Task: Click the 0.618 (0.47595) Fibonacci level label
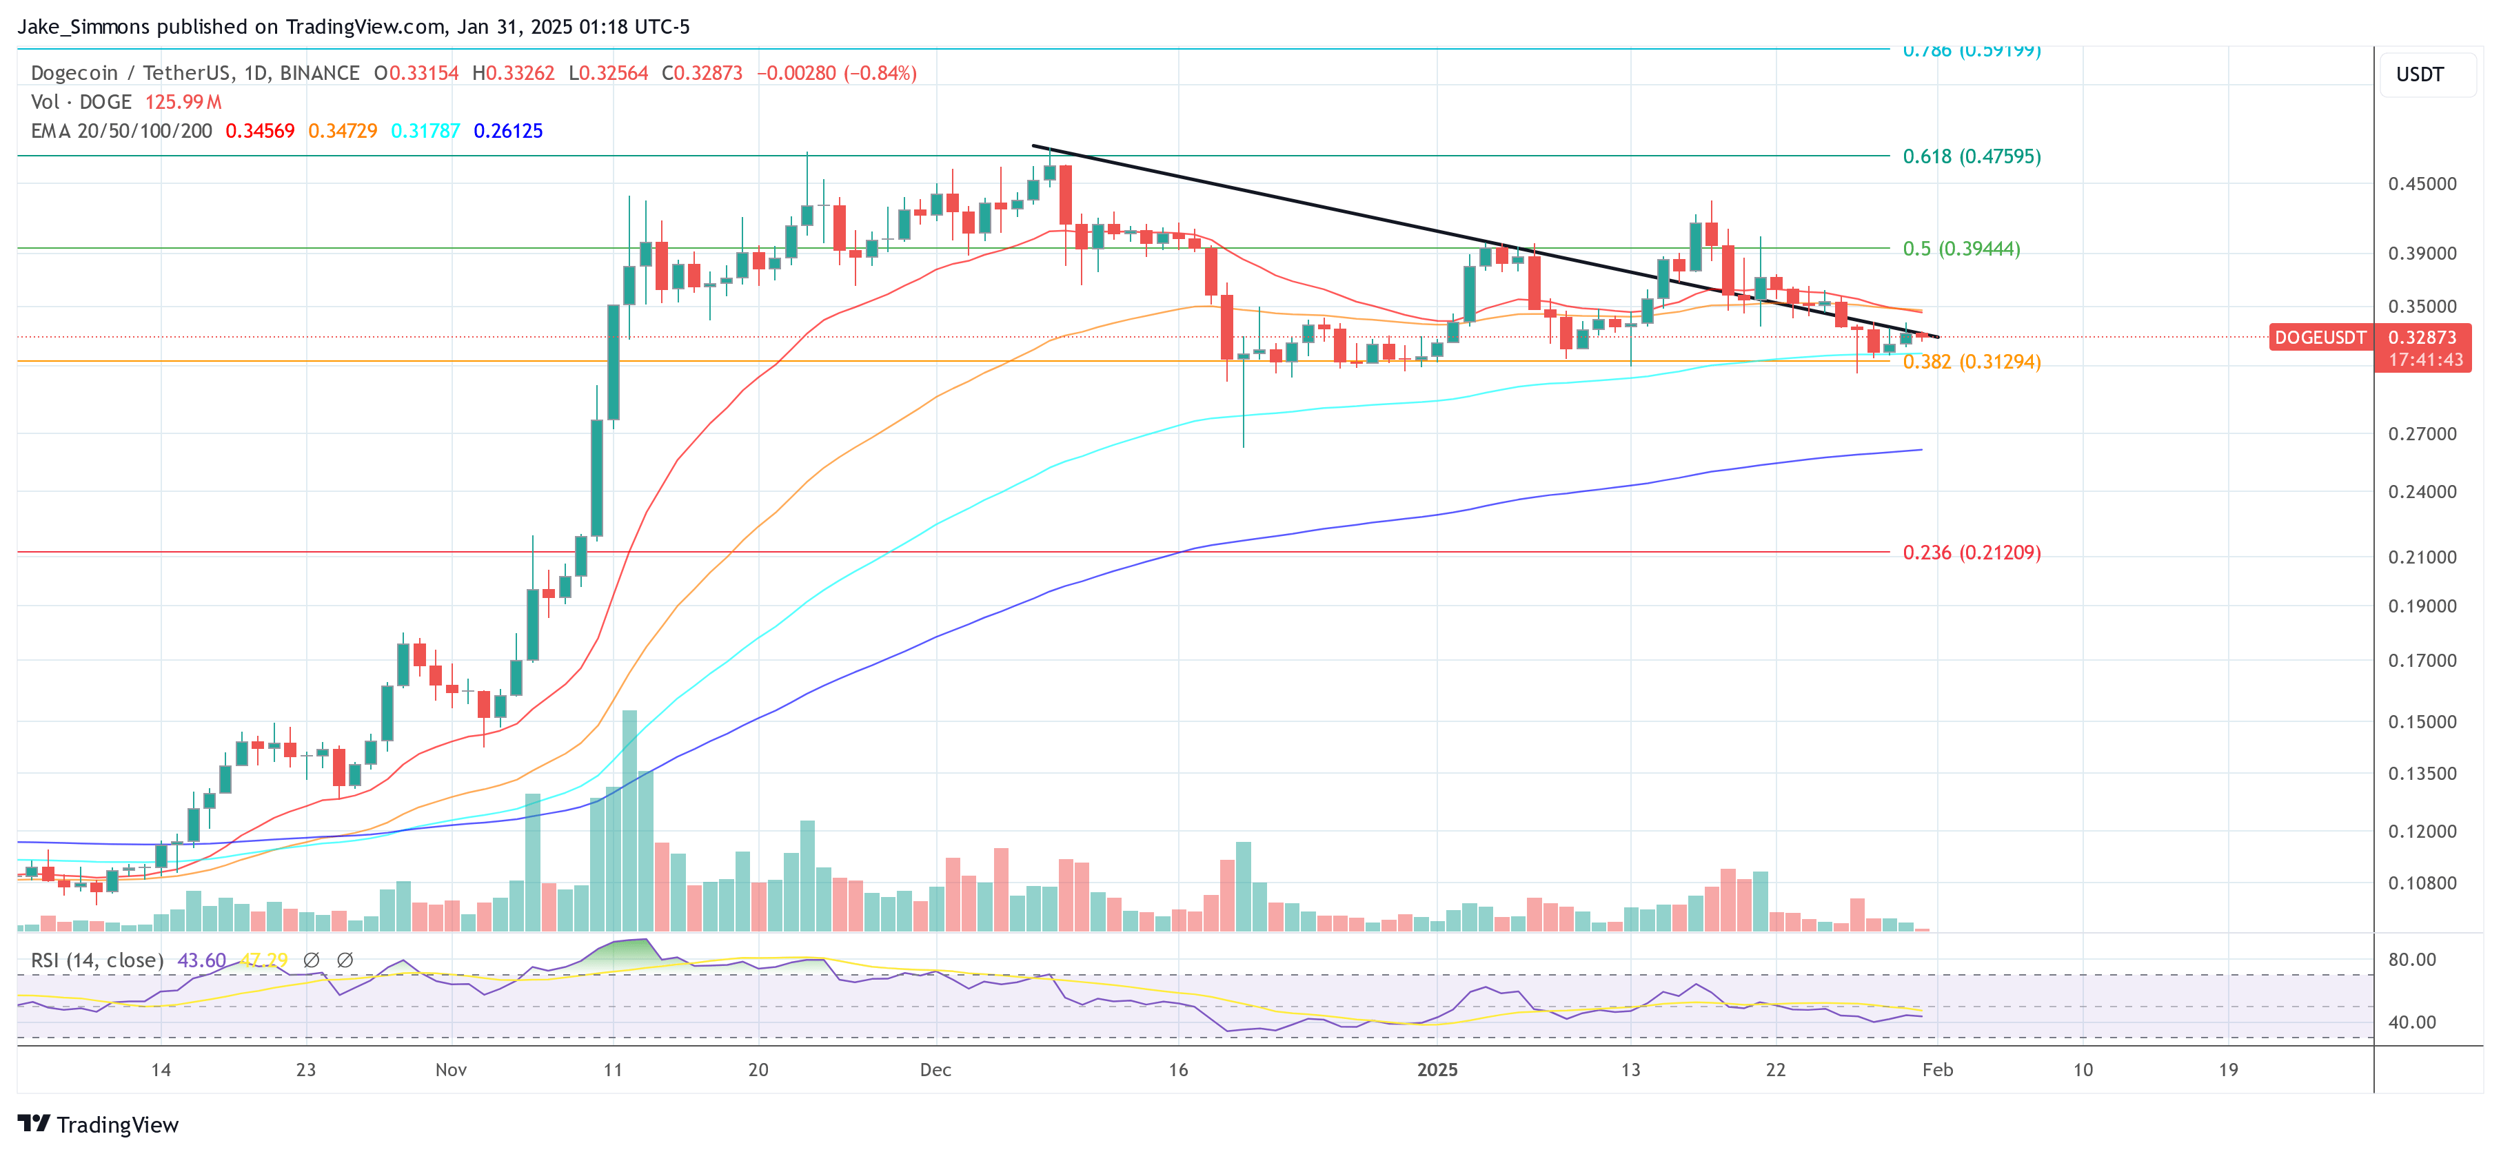pyautogui.click(x=1971, y=156)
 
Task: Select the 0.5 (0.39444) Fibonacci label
pyautogui.click(x=1961, y=249)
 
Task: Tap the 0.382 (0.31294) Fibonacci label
pyautogui.click(x=1971, y=362)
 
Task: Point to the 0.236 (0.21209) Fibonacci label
pyautogui.click(x=1971, y=553)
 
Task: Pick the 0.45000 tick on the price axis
pyautogui.click(x=2422, y=183)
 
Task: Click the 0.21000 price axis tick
pyautogui.click(x=2422, y=557)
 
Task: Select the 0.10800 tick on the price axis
pyautogui.click(x=2422, y=883)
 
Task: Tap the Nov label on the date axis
pyautogui.click(x=450, y=1069)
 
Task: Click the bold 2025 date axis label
pyautogui.click(x=1437, y=1069)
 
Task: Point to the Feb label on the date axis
pyautogui.click(x=1937, y=1069)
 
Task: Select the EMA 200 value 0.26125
pyautogui.click(x=508, y=131)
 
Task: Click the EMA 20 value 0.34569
pyautogui.click(x=259, y=131)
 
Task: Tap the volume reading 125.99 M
pyautogui.click(x=183, y=102)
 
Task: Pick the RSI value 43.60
pyautogui.click(x=201, y=960)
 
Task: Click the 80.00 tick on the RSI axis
pyautogui.click(x=2411, y=960)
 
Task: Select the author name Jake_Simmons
pyautogui.click(x=83, y=27)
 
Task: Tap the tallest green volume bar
pyautogui.click(x=629, y=820)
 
